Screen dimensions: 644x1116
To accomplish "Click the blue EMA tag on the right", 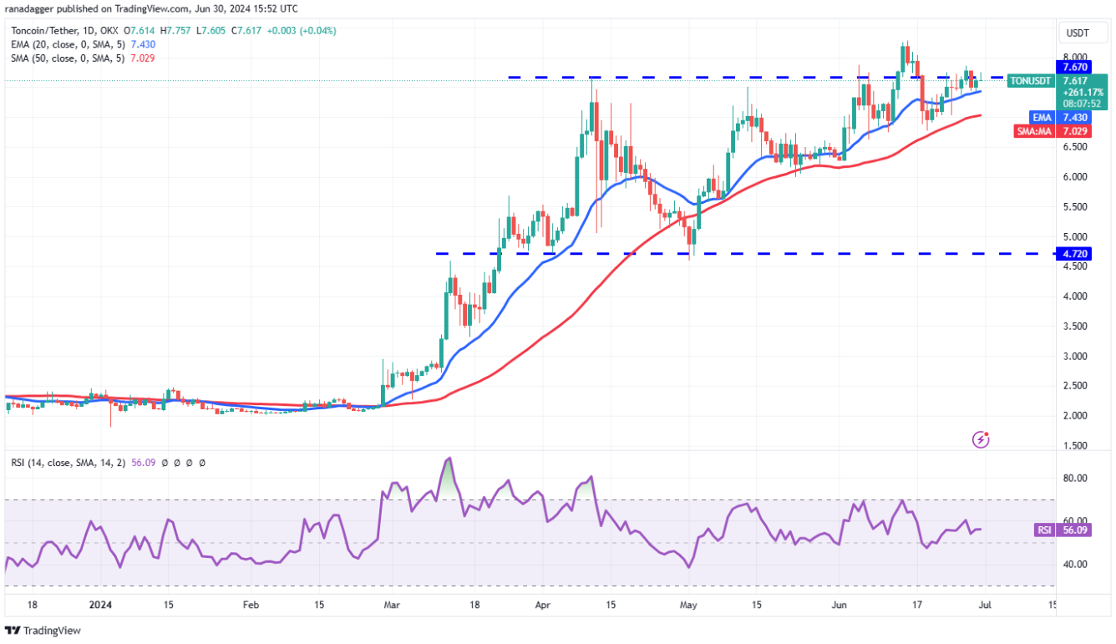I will (1041, 118).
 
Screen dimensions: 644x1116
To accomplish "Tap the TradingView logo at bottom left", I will (43, 631).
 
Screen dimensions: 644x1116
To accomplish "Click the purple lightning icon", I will (982, 439).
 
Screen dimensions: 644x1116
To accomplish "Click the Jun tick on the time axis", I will (838, 604).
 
